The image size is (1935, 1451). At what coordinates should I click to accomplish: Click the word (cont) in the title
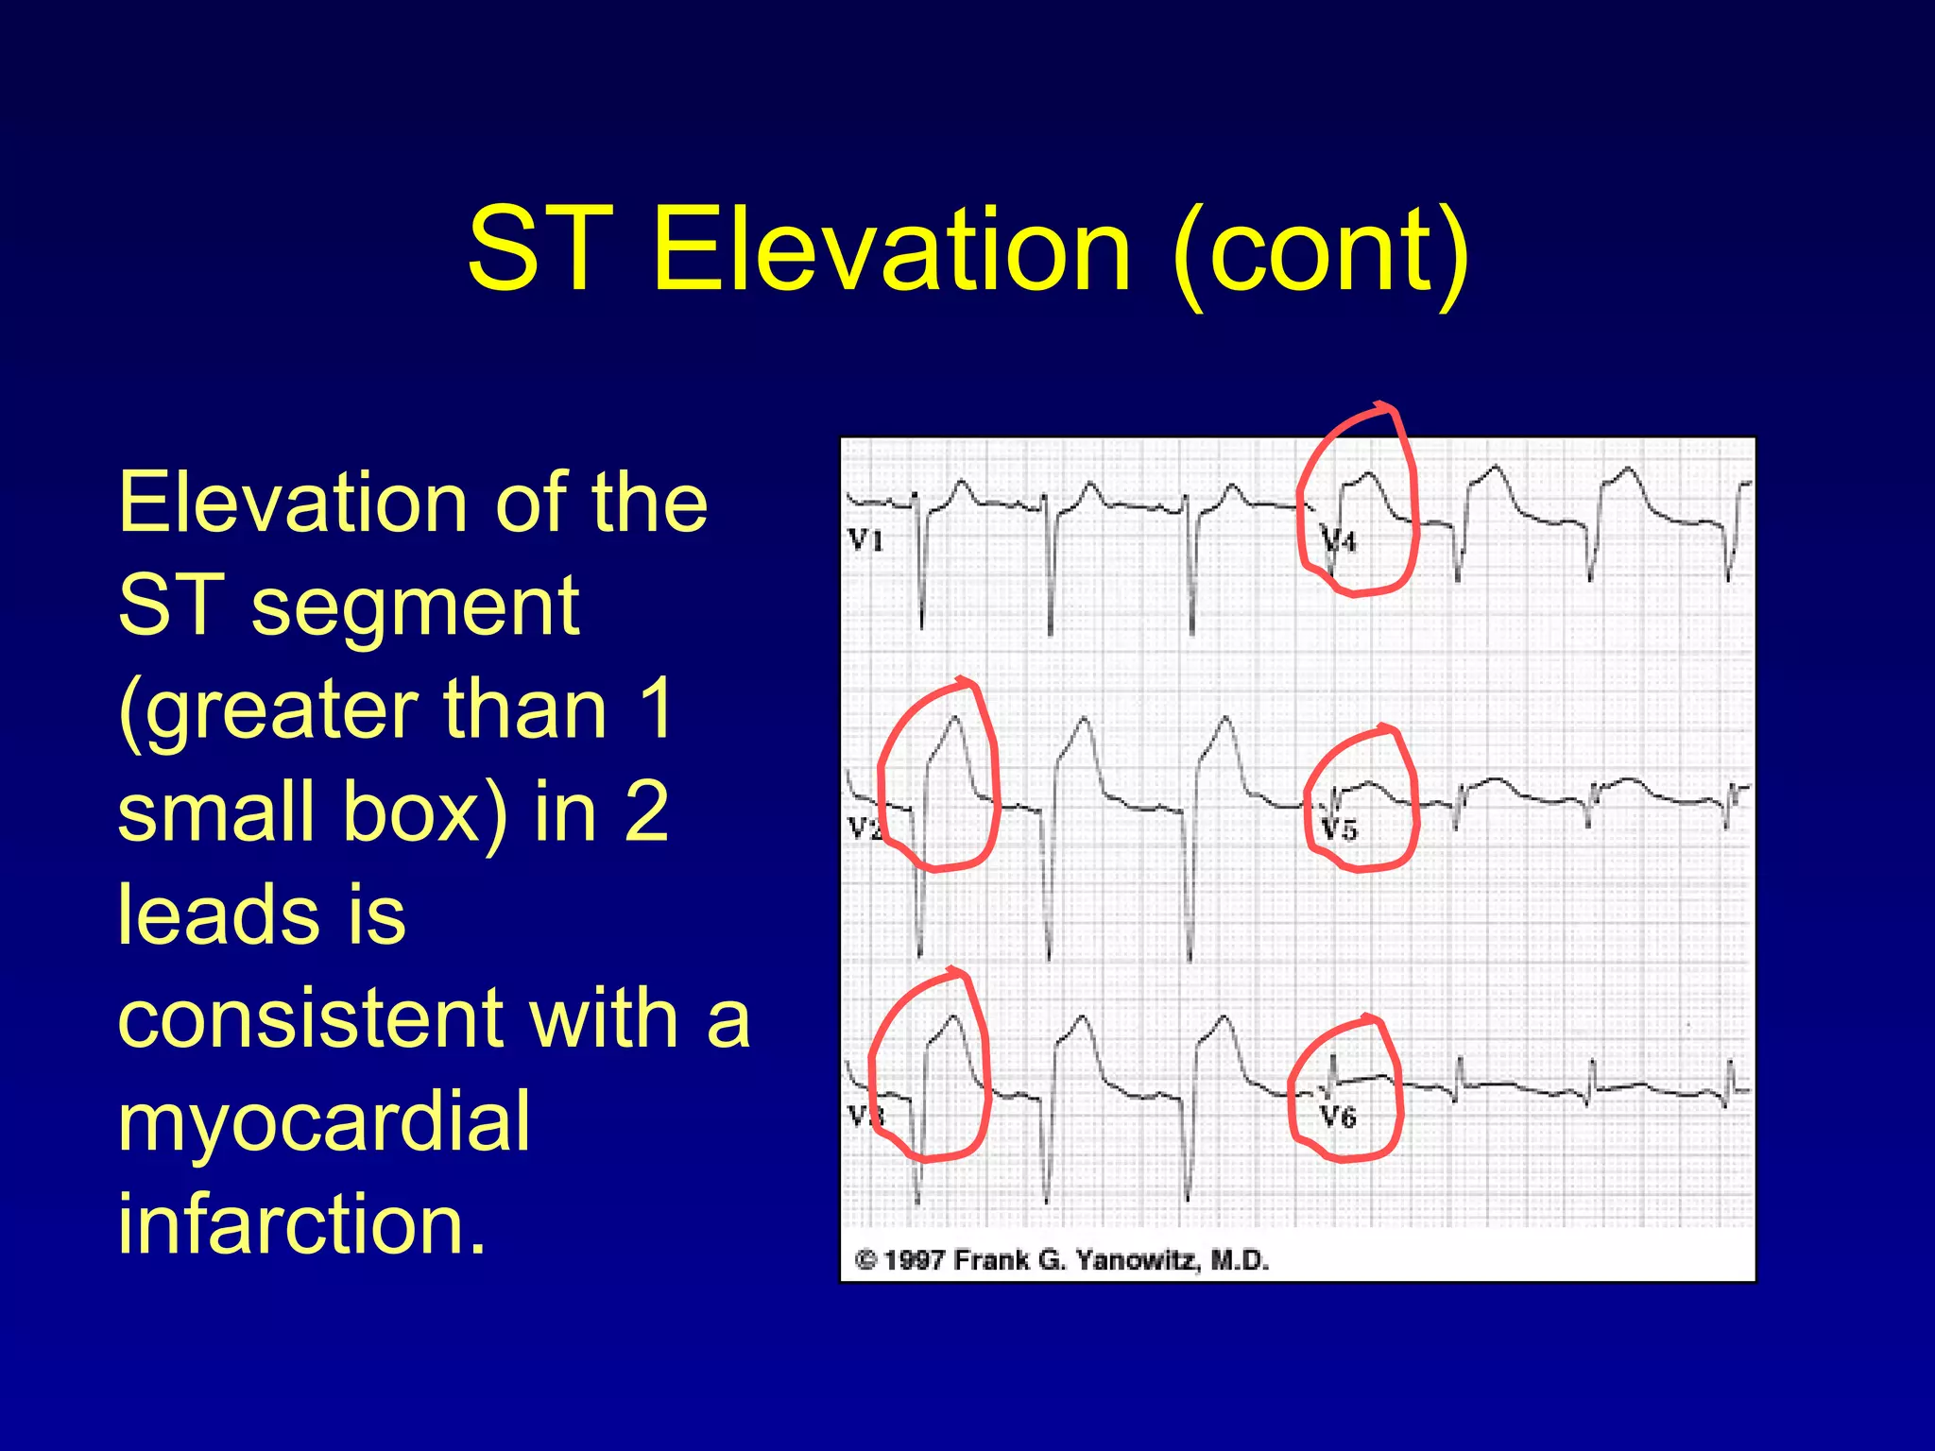click(x=1320, y=251)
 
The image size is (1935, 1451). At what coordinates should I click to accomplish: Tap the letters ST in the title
click(x=539, y=249)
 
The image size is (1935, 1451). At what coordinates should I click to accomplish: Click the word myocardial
click(x=323, y=1121)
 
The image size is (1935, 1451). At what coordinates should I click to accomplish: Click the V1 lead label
click(x=865, y=540)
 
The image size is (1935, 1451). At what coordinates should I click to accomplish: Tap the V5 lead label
click(x=1339, y=830)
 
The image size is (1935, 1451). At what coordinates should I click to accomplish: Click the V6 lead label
click(x=1337, y=1118)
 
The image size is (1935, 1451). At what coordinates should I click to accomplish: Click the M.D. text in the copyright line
click(x=1240, y=1260)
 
